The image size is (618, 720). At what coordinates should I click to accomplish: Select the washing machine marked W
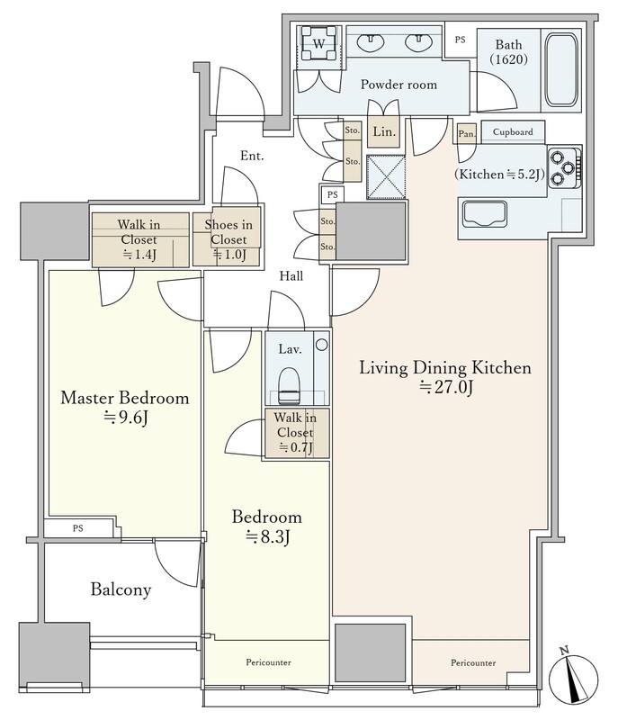pyautogui.click(x=318, y=43)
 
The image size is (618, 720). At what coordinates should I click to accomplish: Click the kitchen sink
pyautogui.click(x=485, y=213)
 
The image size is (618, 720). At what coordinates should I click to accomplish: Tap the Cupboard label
pyautogui.click(x=513, y=131)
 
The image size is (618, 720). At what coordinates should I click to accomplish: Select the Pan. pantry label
pyautogui.click(x=467, y=134)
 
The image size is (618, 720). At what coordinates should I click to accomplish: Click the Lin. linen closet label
pyautogui.click(x=383, y=132)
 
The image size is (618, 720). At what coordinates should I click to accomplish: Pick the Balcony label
pyautogui.click(x=121, y=589)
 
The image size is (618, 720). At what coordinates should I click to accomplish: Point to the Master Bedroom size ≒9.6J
pyautogui.click(x=125, y=418)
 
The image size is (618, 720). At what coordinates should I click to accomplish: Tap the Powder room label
pyautogui.click(x=399, y=85)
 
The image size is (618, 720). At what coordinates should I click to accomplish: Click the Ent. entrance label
pyautogui.click(x=252, y=156)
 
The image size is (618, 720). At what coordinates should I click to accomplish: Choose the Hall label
pyautogui.click(x=291, y=276)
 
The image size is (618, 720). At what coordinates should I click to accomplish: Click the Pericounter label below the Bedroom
pyautogui.click(x=268, y=662)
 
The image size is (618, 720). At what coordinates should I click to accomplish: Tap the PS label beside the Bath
pyautogui.click(x=460, y=40)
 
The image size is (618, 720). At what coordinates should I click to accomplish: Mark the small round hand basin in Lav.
pyautogui.click(x=322, y=344)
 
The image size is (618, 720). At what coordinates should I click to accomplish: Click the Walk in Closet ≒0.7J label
pyautogui.click(x=294, y=433)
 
